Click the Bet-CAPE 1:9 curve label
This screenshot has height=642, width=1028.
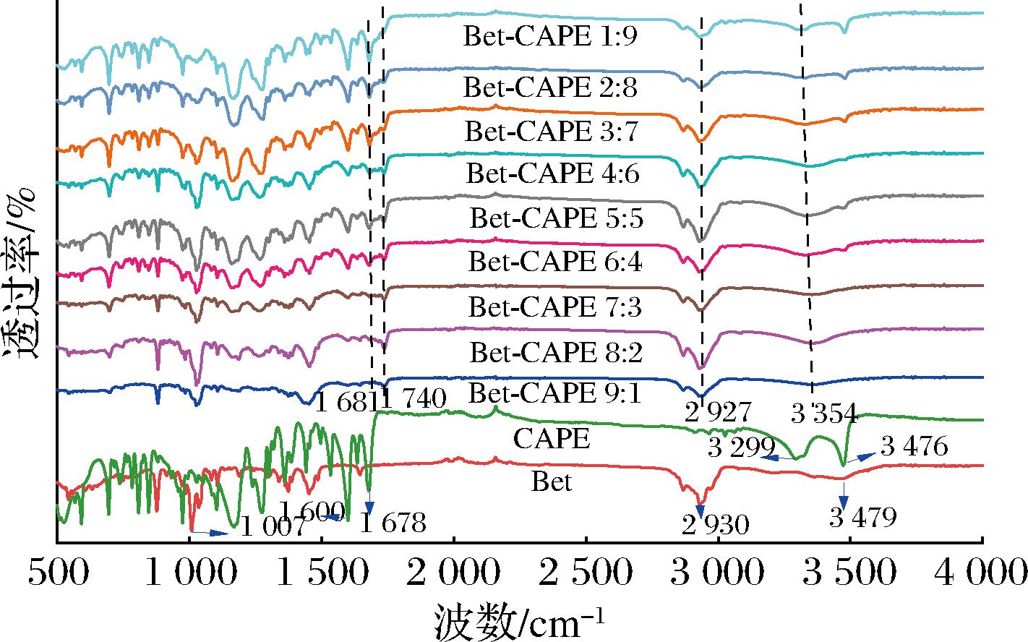pyautogui.click(x=550, y=36)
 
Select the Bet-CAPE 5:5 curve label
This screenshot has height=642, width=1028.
pyautogui.click(x=556, y=218)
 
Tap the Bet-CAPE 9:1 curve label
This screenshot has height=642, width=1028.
pyautogui.click(x=554, y=393)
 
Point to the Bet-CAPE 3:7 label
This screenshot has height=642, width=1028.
pyautogui.click(x=551, y=132)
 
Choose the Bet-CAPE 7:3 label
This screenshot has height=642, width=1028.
pyautogui.click(x=554, y=307)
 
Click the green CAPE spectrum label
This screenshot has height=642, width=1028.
pyautogui.click(x=551, y=439)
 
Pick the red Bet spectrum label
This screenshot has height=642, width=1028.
pyautogui.click(x=552, y=482)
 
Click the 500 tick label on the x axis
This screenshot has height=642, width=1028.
pyautogui.click(x=59, y=573)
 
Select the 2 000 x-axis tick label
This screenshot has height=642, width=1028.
pyautogui.click(x=453, y=573)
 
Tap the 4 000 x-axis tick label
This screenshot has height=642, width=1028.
pyautogui.click(x=981, y=573)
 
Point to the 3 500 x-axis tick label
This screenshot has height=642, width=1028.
pyautogui.click(x=849, y=573)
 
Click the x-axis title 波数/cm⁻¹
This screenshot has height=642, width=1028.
pyautogui.click(x=519, y=622)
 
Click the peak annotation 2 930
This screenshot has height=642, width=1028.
pyautogui.click(x=716, y=525)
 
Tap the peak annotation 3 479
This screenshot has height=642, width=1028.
pyautogui.click(x=862, y=517)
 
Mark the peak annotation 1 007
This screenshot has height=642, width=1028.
pyautogui.click(x=273, y=526)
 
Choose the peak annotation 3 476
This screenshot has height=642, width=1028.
pyautogui.click(x=915, y=446)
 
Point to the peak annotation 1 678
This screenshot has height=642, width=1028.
pyautogui.click(x=393, y=523)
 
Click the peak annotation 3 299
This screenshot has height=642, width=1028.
pyautogui.click(x=742, y=448)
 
